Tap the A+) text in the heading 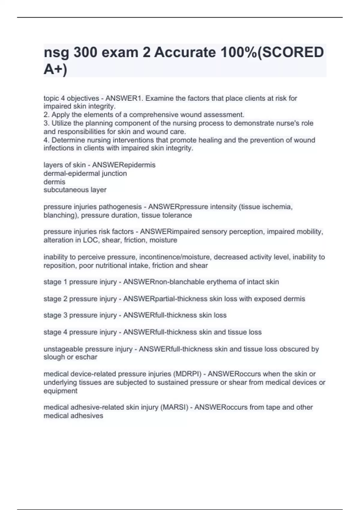pyautogui.click(x=55, y=70)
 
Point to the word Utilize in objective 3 pyautogui.click(x=62, y=123)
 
